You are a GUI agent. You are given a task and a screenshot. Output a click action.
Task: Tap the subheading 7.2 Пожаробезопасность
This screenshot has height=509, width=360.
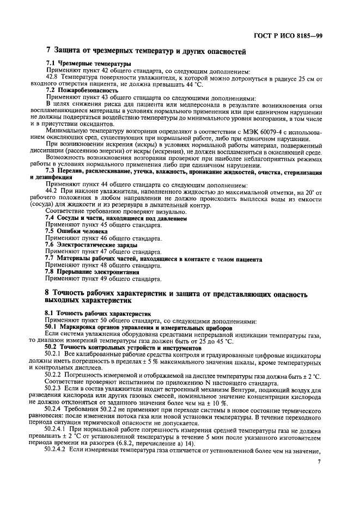[82, 89]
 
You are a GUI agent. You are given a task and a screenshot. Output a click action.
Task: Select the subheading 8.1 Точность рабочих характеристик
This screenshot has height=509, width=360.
[97, 314]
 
